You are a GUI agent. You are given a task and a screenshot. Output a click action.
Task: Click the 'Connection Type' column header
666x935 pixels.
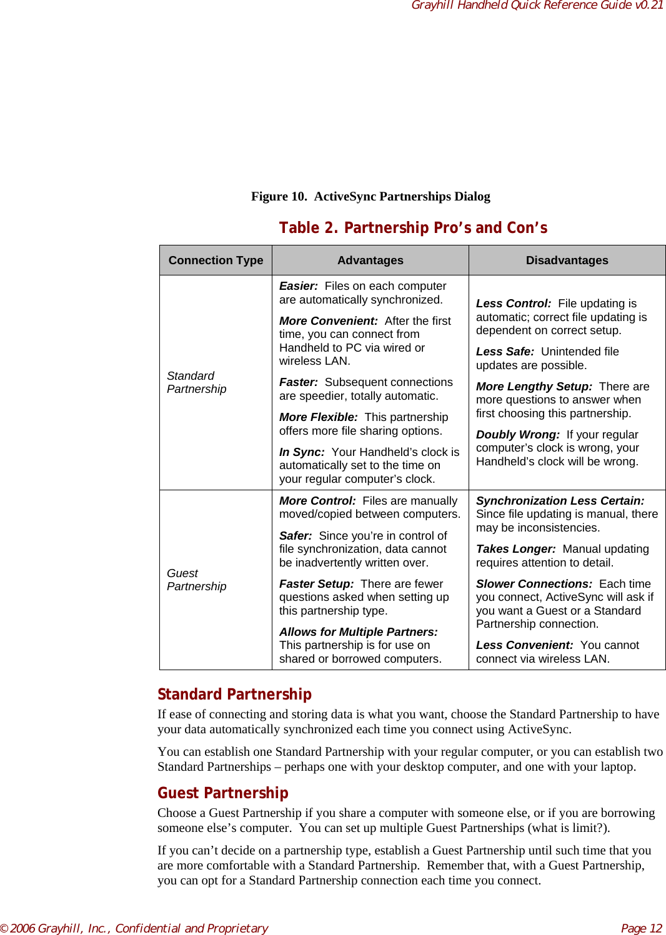(216, 260)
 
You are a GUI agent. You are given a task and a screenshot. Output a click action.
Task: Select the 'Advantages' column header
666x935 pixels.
(370, 260)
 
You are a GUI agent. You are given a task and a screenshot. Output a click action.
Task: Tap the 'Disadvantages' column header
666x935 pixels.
(567, 260)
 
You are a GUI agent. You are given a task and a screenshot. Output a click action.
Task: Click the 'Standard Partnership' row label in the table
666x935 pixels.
(196, 382)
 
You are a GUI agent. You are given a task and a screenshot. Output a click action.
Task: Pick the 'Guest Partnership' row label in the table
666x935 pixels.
(196, 580)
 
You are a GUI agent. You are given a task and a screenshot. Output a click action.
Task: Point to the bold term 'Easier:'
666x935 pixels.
(298, 286)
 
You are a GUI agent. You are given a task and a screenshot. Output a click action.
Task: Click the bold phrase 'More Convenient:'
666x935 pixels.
(328, 321)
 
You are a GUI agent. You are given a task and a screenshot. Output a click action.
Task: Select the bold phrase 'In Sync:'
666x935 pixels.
(302, 452)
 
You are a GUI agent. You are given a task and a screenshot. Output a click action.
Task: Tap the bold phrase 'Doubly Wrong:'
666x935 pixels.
(517, 435)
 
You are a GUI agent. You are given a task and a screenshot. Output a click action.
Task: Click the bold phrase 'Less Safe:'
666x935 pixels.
(505, 352)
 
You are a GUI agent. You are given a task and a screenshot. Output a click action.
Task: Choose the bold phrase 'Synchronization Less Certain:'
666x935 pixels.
(560, 501)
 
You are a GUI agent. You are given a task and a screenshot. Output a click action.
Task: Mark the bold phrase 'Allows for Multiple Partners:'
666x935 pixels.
(358, 632)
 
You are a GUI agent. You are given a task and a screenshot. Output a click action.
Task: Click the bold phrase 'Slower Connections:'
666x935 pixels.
(534, 584)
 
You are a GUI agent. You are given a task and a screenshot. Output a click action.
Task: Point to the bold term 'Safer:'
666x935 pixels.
(296, 536)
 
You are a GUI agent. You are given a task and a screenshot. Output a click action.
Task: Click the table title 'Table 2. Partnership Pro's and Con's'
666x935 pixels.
(413, 228)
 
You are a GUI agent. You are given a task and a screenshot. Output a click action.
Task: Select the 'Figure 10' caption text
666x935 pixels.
(370, 197)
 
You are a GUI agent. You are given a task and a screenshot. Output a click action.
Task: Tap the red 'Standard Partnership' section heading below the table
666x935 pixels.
(234, 695)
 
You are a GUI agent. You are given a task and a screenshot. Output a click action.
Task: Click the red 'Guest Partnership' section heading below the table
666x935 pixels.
(222, 793)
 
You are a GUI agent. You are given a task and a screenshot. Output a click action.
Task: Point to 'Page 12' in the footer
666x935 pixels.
(641, 928)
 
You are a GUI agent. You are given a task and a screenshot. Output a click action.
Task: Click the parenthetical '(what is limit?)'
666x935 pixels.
(569, 828)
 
